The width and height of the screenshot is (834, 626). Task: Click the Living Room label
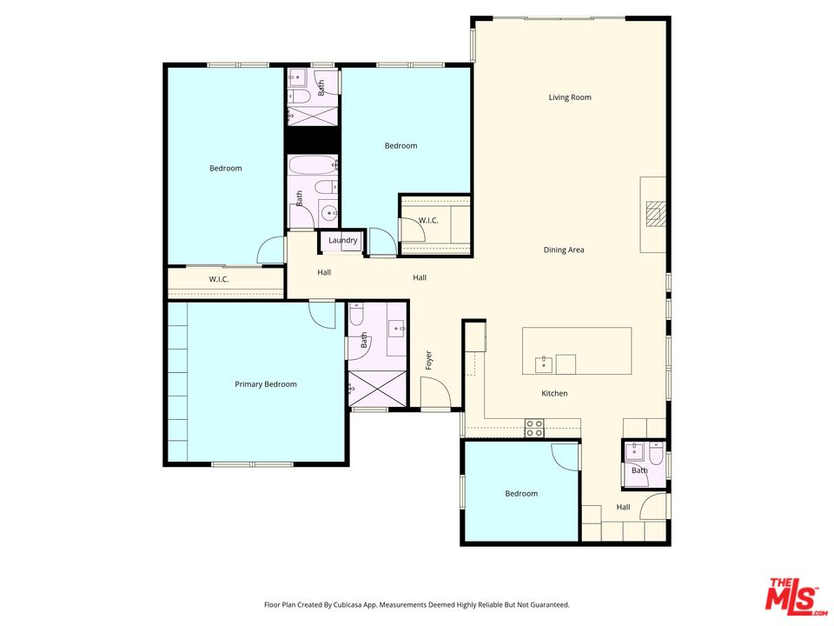(x=570, y=97)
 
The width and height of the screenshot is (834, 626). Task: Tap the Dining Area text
(x=564, y=250)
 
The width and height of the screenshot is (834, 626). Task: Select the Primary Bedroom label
(x=266, y=384)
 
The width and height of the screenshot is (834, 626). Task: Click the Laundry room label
(x=342, y=241)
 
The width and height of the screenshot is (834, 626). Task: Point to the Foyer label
(x=428, y=360)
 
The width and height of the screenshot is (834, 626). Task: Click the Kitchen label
(x=554, y=393)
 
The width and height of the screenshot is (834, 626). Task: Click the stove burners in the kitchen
(x=534, y=428)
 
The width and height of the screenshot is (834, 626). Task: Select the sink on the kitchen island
(x=544, y=365)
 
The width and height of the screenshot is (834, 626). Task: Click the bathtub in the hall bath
(x=314, y=165)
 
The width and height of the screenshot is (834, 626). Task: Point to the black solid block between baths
(x=313, y=140)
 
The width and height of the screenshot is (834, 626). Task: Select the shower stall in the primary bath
(x=377, y=390)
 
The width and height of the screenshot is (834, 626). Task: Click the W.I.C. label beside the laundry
(x=428, y=220)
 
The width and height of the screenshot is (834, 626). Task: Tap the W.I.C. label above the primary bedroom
(x=219, y=279)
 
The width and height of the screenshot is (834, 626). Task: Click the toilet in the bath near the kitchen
(x=655, y=453)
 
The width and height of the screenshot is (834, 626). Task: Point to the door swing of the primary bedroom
(x=322, y=315)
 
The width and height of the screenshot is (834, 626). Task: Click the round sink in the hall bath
(x=330, y=213)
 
